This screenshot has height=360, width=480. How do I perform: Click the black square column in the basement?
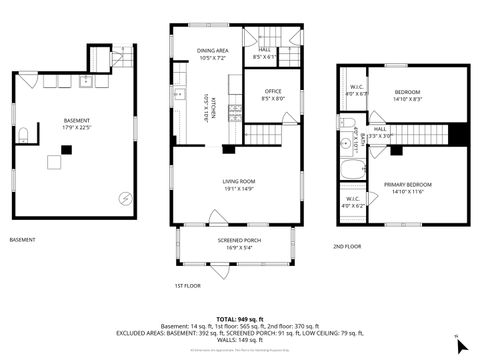(x=66, y=150)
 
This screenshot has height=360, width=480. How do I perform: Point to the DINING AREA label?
(x=212, y=54)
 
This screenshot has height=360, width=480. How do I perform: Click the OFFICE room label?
(x=272, y=95)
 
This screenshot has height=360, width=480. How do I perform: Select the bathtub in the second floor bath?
(x=353, y=179)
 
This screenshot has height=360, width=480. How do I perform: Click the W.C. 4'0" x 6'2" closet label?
(x=355, y=203)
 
